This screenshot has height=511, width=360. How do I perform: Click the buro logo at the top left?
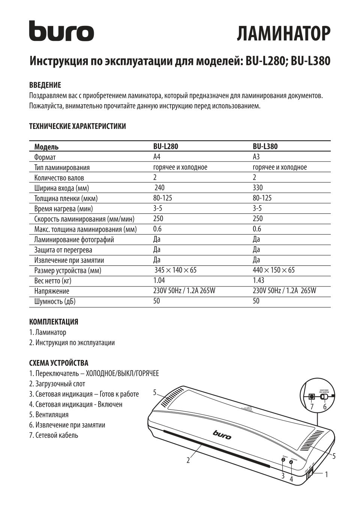[x=61, y=31]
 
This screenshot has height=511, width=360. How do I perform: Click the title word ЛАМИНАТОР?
[x=283, y=34]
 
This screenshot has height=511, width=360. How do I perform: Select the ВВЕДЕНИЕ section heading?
[x=45, y=85]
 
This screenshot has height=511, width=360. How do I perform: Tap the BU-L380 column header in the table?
[x=265, y=147]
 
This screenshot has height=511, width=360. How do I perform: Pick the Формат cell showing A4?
[x=157, y=157]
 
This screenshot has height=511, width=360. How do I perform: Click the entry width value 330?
[x=258, y=188]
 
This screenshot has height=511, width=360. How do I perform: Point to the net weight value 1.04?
[x=159, y=280]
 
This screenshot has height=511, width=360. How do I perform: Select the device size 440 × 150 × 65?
[x=273, y=270]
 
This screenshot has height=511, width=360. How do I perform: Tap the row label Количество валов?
[x=59, y=178]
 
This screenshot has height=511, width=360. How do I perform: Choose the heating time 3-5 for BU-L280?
[x=158, y=208]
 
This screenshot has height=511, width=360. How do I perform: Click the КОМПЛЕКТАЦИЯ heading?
[x=54, y=322]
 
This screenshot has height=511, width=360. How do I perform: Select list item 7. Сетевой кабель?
[x=54, y=435]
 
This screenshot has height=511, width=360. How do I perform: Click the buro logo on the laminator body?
[x=222, y=435]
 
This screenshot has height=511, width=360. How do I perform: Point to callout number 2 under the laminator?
[x=188, y=460]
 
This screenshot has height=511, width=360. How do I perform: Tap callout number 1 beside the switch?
[x=326, y=474]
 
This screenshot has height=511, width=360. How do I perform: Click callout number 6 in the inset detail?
[x=325, y=406]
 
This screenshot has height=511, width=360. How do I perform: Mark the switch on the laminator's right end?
[x=310, y=475]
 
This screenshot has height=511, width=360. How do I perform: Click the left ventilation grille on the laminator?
[x=172, y=399]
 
